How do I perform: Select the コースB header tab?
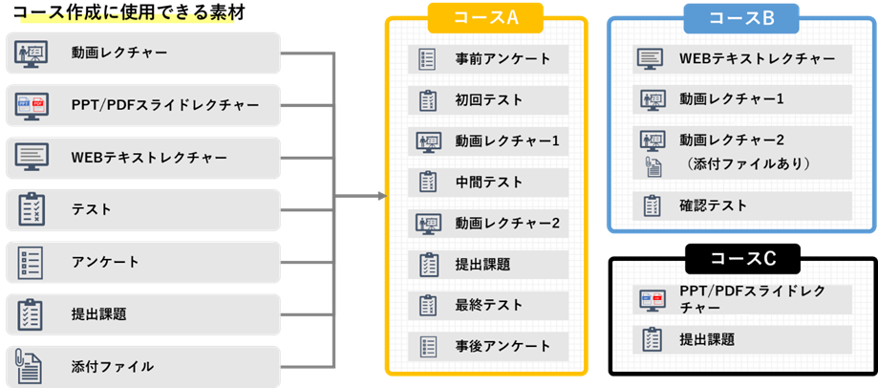click(741, 17)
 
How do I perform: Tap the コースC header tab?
click(741, 258)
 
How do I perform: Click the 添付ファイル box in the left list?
click(143, 366)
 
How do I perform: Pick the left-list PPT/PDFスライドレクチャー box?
click(143, 105)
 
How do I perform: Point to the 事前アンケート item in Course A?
click(488, 59)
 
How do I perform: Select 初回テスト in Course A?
click(488, 100)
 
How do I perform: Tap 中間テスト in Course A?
click(488, 182)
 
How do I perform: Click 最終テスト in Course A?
click(488, 305)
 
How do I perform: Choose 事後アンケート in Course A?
click(488, 345)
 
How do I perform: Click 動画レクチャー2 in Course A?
click(488, 224)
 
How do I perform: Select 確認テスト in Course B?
click(742, 205)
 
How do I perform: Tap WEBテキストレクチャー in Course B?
click(742, 59)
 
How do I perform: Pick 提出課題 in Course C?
click(742, 339)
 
